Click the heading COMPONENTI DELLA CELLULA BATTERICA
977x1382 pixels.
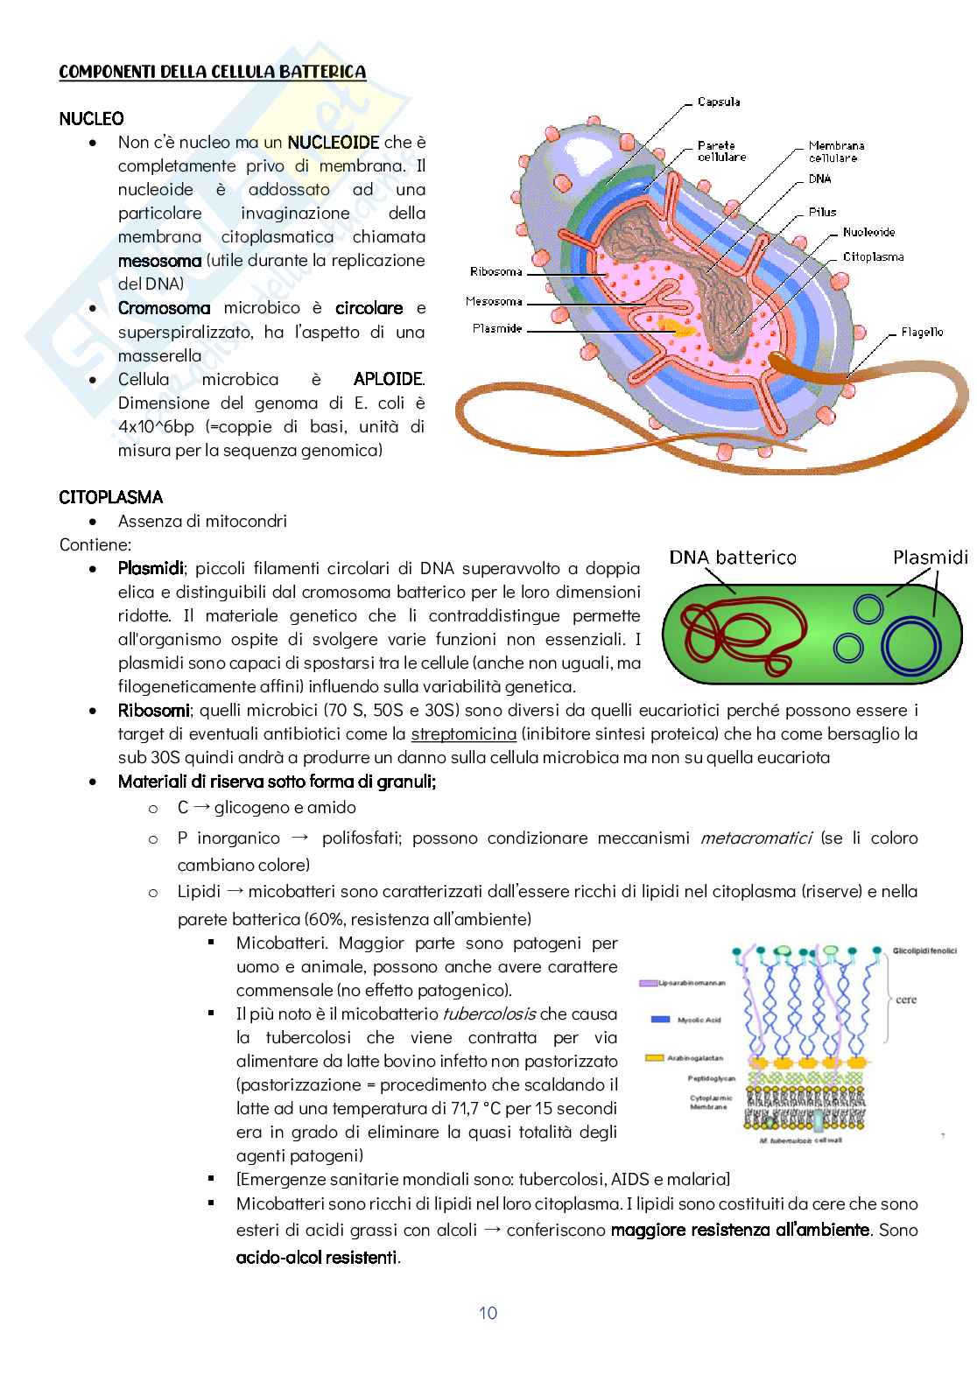coord(212,73)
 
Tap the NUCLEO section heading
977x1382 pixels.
coord(91,118)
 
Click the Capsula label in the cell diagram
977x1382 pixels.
coord(719,102)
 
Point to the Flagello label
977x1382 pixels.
coord(922,333)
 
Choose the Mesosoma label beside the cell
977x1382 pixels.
coord(494,302)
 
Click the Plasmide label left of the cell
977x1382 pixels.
coord(497,329)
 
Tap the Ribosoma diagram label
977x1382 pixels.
coord(496,272)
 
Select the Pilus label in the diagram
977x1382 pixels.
coord(822,212)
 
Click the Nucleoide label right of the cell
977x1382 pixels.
coord(868,233)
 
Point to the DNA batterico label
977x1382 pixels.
coord(733,558)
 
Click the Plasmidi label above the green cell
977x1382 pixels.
coord(931,558)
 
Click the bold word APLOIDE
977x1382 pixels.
coord(389,380)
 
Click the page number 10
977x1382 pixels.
coord(488,1313)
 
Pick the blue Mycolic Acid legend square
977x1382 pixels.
coord(661,1020)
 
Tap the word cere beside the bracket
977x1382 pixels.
coord(906,1000)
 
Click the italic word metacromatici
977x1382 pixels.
coord(756,838)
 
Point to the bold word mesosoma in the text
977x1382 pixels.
coord(159,261)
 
